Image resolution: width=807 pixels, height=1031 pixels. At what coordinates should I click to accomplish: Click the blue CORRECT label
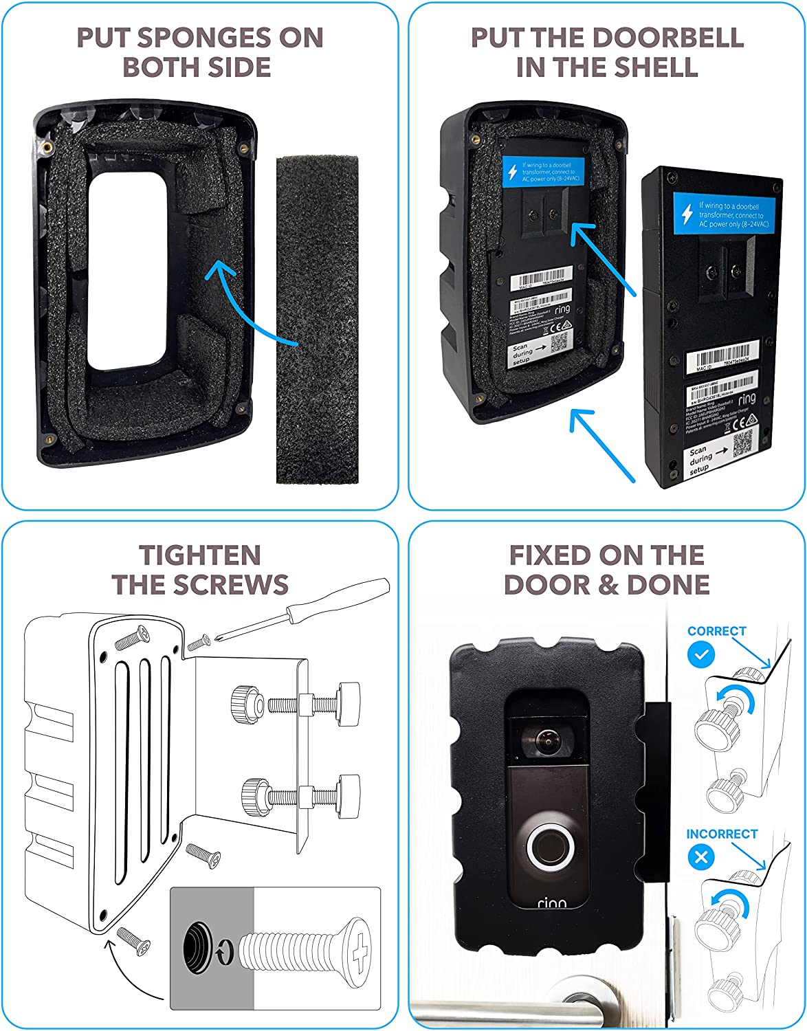click(x=716, y=631)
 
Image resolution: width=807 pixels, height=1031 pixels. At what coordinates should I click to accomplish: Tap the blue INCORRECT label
click(x=721, y=834)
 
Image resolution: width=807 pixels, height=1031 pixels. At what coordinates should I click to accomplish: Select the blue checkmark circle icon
click(x=700, y=654)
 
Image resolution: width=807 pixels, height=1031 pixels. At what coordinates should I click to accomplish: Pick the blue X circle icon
click(x=700, y=857)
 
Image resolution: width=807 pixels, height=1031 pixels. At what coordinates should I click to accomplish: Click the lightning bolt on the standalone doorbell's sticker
click(x=686, y=214)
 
